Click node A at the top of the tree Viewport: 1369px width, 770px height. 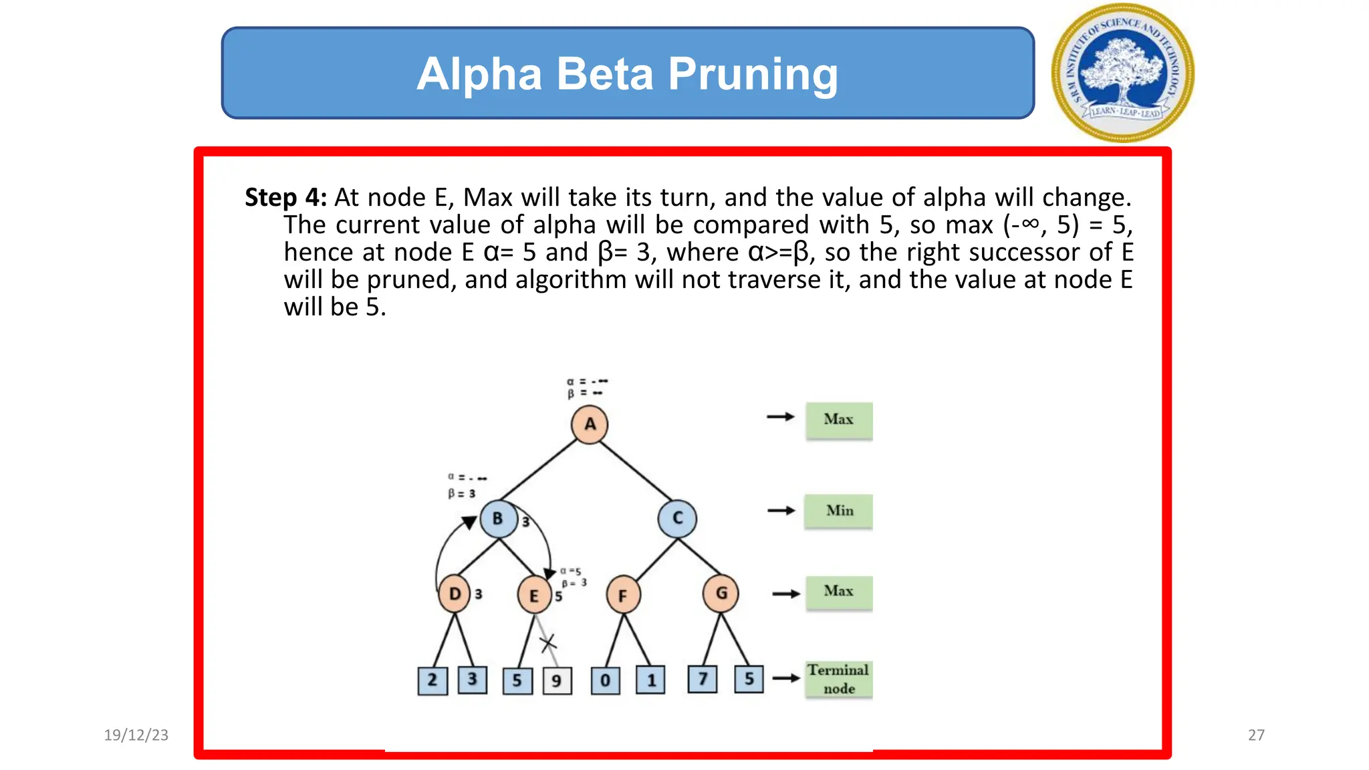coord(590,424)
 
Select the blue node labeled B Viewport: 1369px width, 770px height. coord(498,519)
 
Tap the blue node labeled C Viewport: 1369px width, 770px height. coord(677,519)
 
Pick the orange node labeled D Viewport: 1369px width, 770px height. coord(455,594)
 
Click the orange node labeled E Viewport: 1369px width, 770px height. coord(534,595)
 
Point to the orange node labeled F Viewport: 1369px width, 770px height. coord(623,595)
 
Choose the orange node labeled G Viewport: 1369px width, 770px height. coord(721,594)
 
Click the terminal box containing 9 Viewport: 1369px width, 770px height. coord(557,681)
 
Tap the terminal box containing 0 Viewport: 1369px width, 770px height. coord(606,681)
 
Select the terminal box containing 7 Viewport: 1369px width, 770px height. coord(703,679)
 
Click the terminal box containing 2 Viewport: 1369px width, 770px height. coord(432,680)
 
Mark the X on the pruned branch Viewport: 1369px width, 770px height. coord(548,644)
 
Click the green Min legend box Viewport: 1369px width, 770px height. coord(839,511)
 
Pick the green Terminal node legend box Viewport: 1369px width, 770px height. coord(839,679)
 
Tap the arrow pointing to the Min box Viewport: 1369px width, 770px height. coord(781,511)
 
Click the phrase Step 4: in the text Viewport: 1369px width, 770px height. coord(285,198)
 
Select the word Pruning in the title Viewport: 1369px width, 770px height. coord(753,74)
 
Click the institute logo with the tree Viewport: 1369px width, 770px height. coord(1122,73)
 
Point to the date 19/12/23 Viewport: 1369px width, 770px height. coord(136,735)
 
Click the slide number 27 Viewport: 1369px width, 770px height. coord(1256,735)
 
